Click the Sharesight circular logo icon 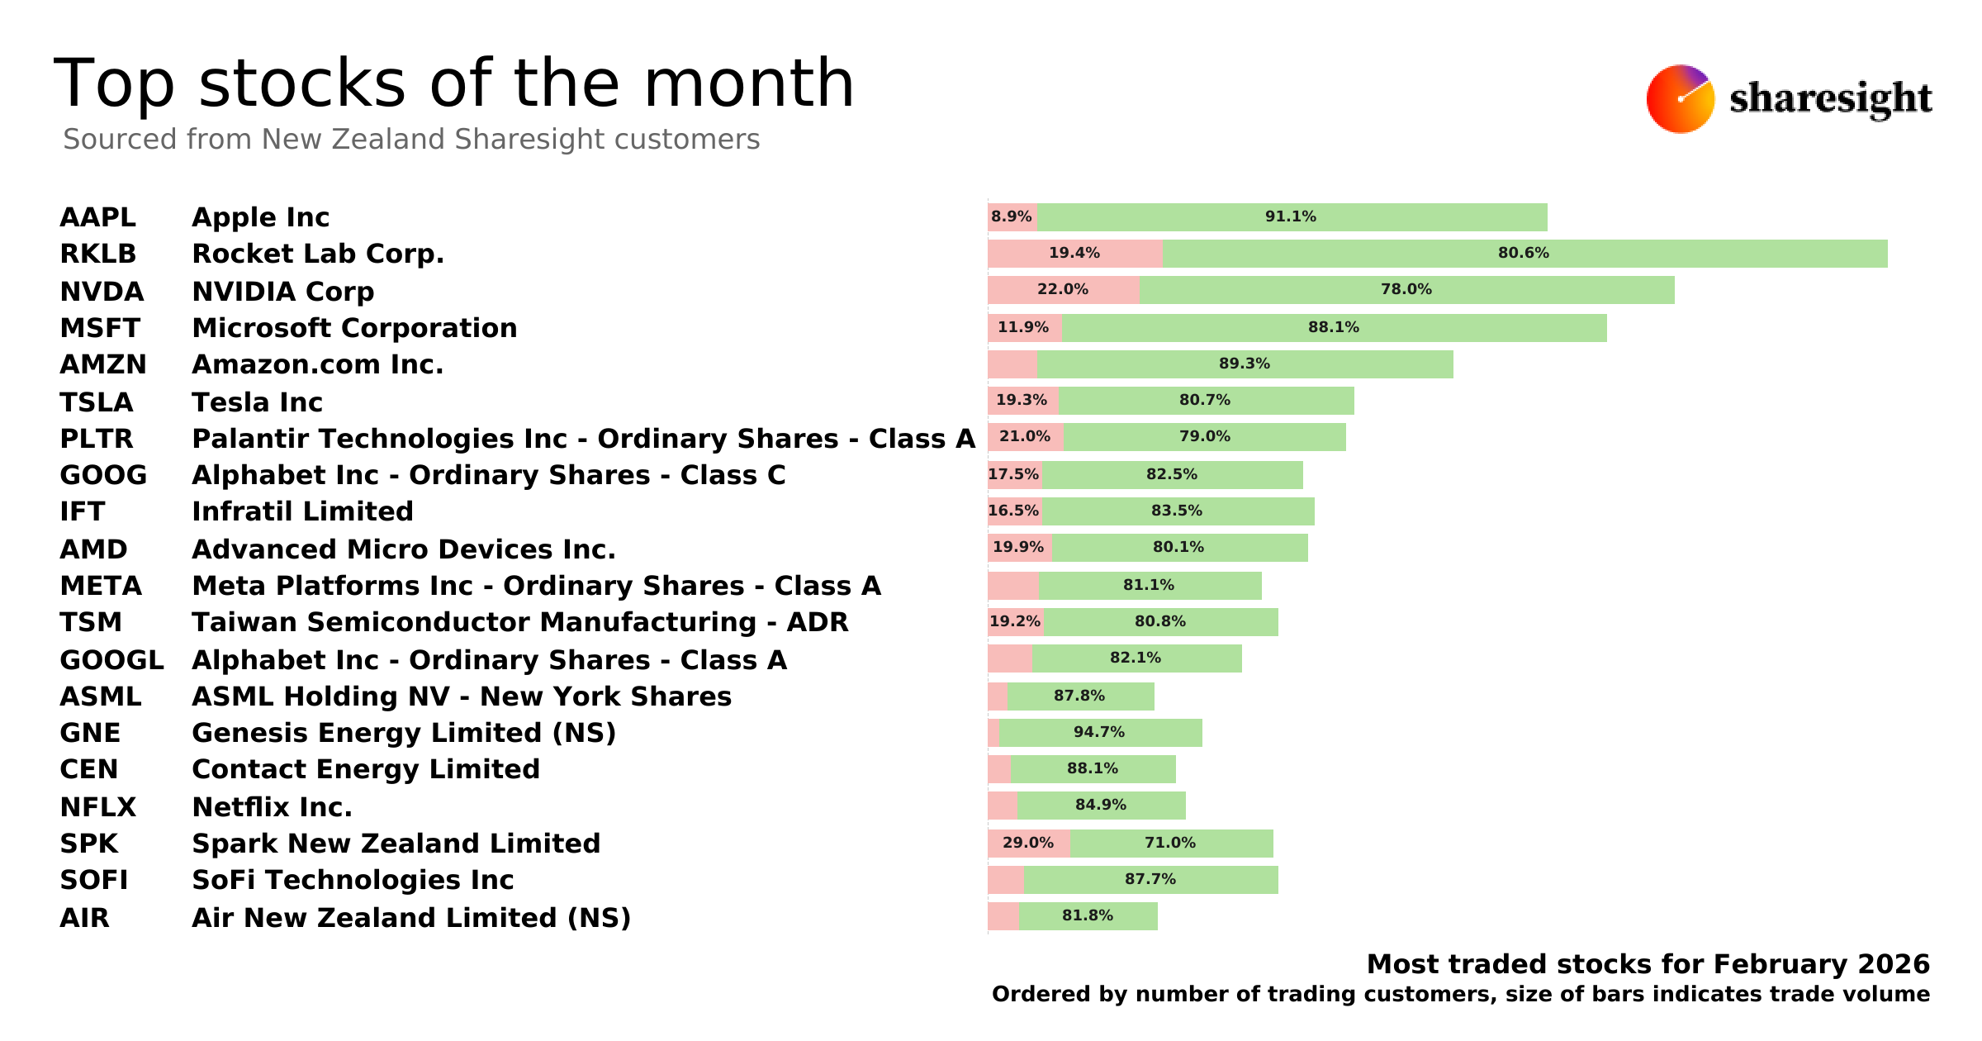click(x=1680, y=99)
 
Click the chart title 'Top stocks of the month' click(x=453, y=83)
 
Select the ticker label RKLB click(x=97, y=254)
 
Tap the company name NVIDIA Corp click(x=282, y=292)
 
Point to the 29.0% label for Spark click(x=1027, y=844)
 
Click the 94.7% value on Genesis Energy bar click(x=1098, y=733)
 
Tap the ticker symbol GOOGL click(x=111, y=660)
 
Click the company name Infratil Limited click(x=302, y=511)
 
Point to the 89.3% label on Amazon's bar click(x=1244, y=364)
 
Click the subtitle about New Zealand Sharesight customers click(x=411, y=140)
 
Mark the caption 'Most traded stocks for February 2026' click(x=1648, y=964)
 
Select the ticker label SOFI click(x=93, y=880)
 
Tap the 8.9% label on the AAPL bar click(x=1011, y=217)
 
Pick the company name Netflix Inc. click(x=272, y=807)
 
